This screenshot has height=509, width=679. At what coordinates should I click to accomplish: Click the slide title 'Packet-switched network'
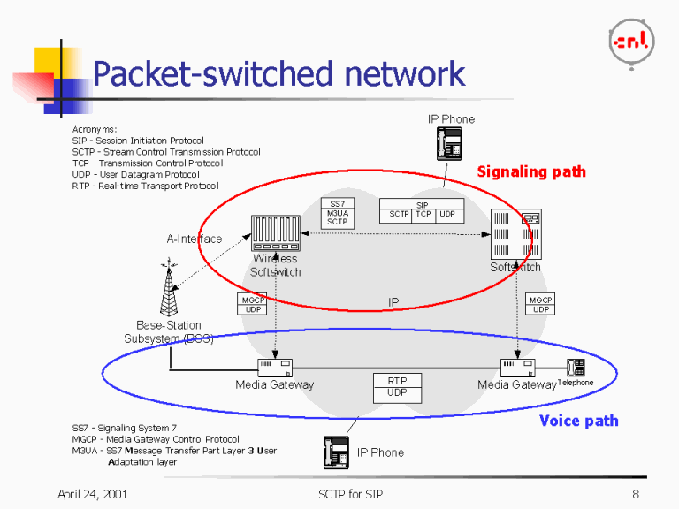278,74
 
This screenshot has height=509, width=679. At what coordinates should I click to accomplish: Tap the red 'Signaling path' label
531,171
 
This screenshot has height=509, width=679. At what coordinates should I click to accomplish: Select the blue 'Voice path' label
578,421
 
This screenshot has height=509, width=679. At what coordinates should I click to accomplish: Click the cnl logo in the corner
631,41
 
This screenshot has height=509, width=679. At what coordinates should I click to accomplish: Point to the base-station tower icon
168,288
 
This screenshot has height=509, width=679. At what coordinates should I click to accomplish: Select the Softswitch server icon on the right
515,235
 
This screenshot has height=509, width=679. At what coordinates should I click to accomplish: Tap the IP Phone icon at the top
451,143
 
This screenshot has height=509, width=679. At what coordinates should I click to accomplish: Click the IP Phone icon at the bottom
337,452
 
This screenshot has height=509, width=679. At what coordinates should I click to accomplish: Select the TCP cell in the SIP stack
423,215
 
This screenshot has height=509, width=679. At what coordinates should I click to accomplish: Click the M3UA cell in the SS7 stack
337,213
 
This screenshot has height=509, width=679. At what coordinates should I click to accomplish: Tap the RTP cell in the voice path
397,381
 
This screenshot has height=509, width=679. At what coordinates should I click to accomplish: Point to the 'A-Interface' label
195,239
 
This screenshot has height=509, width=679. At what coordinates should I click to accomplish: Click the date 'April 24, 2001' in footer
92,494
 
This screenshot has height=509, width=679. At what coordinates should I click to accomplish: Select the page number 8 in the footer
635,494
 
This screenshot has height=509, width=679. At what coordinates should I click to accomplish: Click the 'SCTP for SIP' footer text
351,494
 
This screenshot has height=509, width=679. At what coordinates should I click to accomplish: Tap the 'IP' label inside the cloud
393,302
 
